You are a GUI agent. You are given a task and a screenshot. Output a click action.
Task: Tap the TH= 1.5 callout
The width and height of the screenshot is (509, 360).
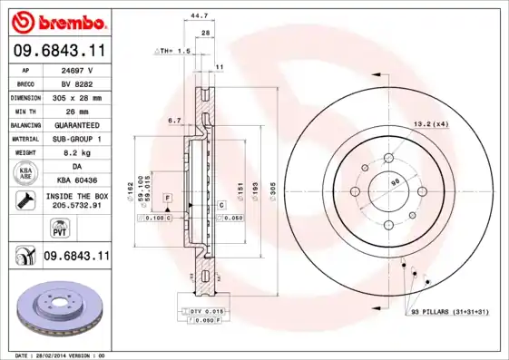click(x=173, y=51)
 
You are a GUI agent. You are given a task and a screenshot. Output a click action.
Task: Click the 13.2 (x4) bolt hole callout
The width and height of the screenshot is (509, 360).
click(x=432, y=123)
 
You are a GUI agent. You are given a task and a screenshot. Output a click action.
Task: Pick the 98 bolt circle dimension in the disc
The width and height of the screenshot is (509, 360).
click(x=395, y=183)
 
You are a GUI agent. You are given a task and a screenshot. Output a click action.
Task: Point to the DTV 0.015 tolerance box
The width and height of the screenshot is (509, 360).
click(x=208, y=311)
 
